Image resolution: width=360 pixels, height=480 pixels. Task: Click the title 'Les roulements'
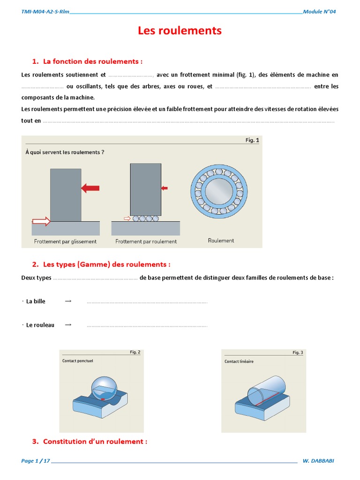click(x=180, y=31)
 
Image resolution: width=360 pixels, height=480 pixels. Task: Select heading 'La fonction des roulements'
click(x=92, y=61)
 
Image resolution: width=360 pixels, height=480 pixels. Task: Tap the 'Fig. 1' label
click(x=252, y=140)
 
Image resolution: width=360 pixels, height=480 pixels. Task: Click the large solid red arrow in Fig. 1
click(x=90, y=188)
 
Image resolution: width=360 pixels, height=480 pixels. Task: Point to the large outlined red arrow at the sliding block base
click(x=41, y=221)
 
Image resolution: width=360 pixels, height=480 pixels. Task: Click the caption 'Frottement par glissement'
click(x=65, y=241)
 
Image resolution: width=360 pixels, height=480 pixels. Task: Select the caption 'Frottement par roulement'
click(x=146, y=241)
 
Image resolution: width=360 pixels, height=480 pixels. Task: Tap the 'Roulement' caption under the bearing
click(x=221, y=240)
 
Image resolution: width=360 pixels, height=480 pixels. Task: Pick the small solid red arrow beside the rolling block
click(x=164, y=188)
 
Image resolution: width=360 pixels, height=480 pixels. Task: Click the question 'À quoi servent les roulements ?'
click(x=65, y=152)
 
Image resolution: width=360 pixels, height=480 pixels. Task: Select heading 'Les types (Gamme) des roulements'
click(x=106, y=264)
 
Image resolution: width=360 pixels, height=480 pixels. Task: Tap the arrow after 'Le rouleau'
click(x=68, y=324)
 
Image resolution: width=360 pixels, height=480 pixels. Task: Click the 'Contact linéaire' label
click(x=239, y=361)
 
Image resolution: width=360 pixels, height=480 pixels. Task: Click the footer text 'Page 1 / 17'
click(x=36, y=461)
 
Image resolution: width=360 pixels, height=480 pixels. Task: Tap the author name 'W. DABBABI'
click(x=319, y=461)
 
